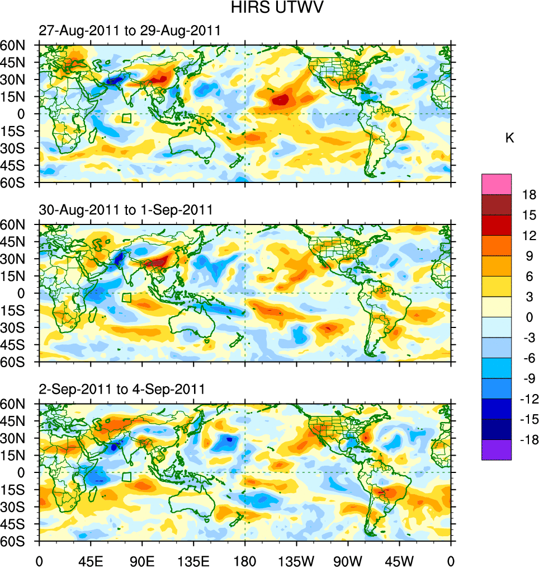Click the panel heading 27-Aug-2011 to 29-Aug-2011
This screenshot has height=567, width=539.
pyautogui.click(x=130, y=31)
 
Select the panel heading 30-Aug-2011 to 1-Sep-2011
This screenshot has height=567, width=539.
pyautogui.click(x=126, y=210)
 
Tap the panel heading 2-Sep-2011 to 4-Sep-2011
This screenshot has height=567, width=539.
pyautogui.click(x=122, y=388)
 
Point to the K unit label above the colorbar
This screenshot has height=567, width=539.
pyautogui.click(x=509, y=138)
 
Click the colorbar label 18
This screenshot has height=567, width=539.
pyautogui.click(x=529, y=195)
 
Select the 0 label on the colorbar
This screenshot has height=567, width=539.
pyautogui.click(x=528, y=317)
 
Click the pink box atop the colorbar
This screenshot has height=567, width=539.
pyautogui.click(x=497, y=184)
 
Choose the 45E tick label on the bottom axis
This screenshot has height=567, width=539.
pyautogui.click(x=91, y=560)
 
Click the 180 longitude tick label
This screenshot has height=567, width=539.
pyautogui.click(x=245, y=560)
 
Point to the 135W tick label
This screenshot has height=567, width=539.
pyautogui.click(x=296, y=560)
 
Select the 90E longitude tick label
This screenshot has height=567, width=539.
pyautogui.click(x=142, y=560)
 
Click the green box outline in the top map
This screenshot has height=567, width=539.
pyautogui.click(x=126, y=119)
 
